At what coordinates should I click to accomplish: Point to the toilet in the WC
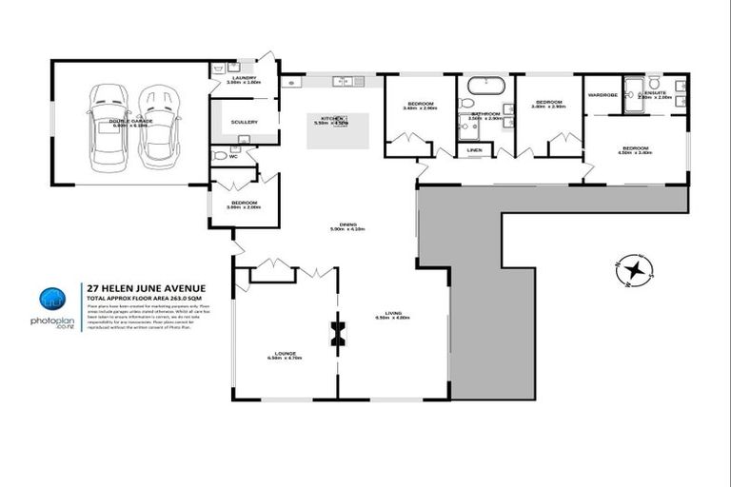(218, 155)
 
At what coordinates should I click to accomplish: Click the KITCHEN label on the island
(329, 120)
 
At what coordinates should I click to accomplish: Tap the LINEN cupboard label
(474, 149)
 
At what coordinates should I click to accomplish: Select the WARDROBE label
(603, 95)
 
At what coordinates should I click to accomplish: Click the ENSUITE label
(655, 94)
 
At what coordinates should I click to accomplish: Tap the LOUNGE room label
(283, 353)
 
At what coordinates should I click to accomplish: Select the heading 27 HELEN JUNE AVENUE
(144, 287)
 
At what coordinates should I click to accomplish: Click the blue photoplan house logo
(51, 301)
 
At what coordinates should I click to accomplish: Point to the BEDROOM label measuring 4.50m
(636, 148)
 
